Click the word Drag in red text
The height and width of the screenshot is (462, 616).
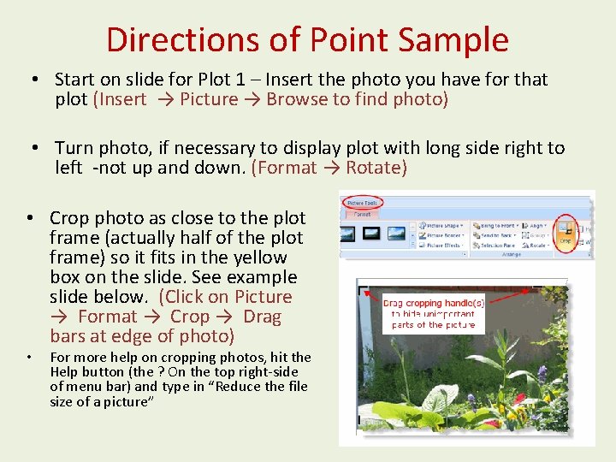[262, 317]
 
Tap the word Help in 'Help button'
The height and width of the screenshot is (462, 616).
[67, 372]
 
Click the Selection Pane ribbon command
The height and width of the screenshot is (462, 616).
[497, 246]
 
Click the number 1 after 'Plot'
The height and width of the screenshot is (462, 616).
[240, 80]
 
